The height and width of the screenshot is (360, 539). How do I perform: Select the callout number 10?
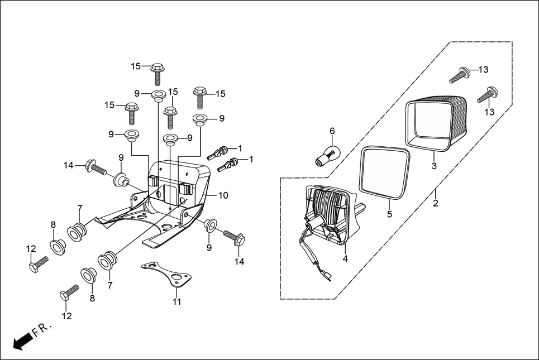223,195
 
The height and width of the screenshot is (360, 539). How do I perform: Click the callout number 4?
345,258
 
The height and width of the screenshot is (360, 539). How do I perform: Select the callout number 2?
436,203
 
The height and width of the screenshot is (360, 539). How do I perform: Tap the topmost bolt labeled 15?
157,73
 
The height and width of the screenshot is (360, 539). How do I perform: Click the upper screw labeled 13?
459,75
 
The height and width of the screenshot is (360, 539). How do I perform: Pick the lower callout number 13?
489,112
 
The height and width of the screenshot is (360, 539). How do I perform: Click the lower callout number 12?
66,316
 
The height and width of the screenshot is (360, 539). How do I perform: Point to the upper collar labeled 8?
56,246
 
